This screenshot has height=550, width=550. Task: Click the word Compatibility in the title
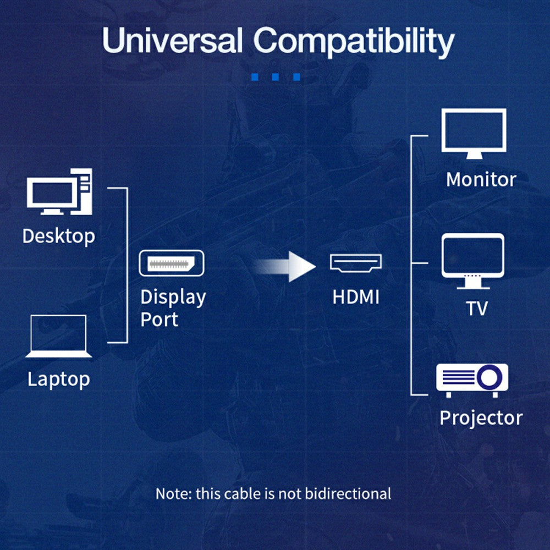click(x=354, y=42)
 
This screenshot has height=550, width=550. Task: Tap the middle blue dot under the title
click(x=276, y=77)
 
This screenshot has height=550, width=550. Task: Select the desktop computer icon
click(x=59, y=192)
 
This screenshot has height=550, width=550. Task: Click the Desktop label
click(x=58, y=236)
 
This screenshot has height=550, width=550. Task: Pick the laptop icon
click(x=58, y=336)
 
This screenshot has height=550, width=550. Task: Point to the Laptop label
click(x=58, y=379)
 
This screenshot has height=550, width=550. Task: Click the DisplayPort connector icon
click(x=171, y=263)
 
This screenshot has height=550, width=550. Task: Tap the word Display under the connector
click(x=173, y=297)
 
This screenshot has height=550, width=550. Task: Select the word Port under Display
click(x=159, y=320)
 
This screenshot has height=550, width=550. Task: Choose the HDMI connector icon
click(x=356, y=262)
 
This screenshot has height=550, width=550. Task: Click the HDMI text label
click(x=356, y=298)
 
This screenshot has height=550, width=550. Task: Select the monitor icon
click(x=474, y=133)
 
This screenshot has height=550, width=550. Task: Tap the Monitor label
click(x=481, y=179)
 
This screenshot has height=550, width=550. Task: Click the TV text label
click(x=477, y=309)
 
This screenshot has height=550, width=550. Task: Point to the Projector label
click(x=481, y=418)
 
